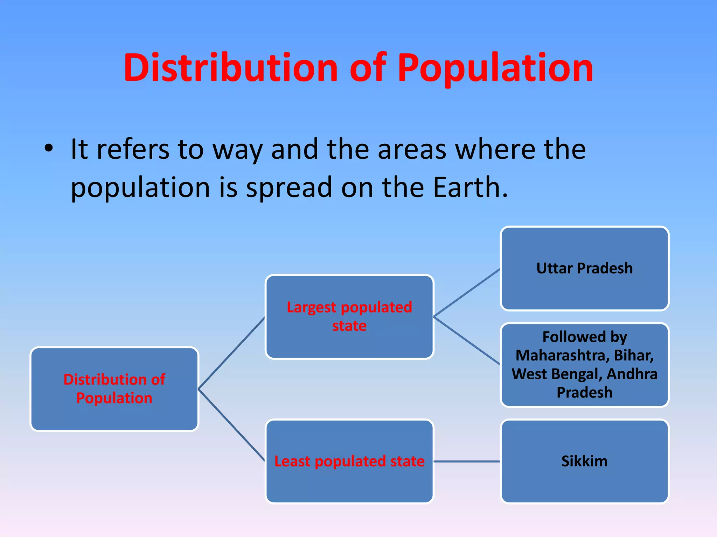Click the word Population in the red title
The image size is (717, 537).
(x=495, y=68)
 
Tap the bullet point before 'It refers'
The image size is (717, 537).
(x=49, y=149)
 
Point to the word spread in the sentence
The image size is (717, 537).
(x=289, y=187)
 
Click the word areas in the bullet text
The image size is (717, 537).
(x=412, y=149)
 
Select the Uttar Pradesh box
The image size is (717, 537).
(x=584, y=268)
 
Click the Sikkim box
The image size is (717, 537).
(x=584, y=461)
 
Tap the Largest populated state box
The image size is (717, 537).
(x=349, y=316)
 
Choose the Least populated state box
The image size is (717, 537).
(x=349, y=461)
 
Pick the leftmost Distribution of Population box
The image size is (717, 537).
(x=114, y=389)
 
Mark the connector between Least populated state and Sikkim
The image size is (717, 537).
(x=467, y=461)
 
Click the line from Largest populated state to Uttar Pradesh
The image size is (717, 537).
(x=467, y=293)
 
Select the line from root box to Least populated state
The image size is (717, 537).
(x=231, y=425)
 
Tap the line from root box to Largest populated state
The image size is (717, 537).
(x=231, y=353)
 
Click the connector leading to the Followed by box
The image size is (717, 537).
(x=467, y=341)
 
